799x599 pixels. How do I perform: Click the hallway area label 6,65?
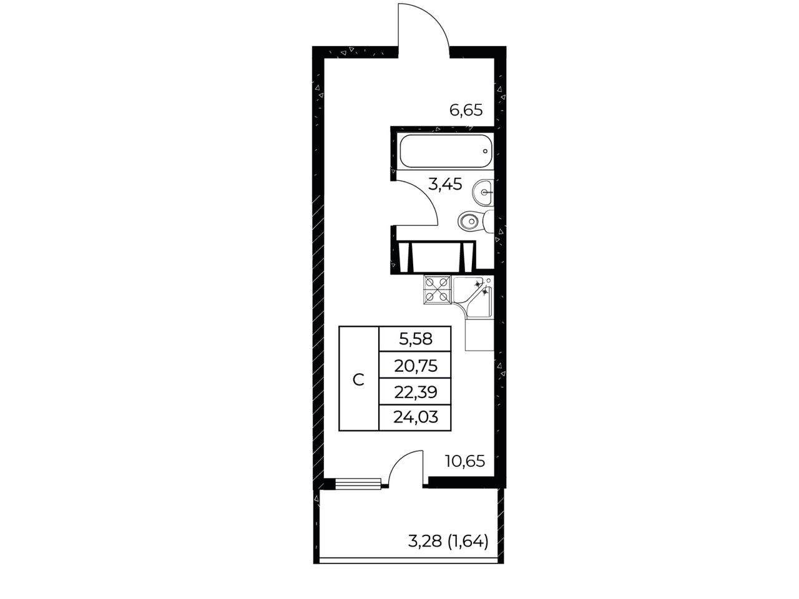tap(466, 110)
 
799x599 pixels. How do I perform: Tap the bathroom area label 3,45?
tap(445, 185)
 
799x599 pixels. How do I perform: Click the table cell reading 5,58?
tap(415, 339)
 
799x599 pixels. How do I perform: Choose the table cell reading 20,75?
tap(415, 366)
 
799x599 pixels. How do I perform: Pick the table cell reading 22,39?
tap(415, 392)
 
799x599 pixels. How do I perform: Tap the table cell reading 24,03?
tap(415, 417)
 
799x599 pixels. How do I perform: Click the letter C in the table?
tap(358, 380)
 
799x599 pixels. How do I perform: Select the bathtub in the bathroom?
tap(446, 152)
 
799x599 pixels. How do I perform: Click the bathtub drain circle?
tap(485, 151)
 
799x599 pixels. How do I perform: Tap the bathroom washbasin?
tap(483, 192)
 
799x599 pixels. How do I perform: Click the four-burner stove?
tap(438, 290)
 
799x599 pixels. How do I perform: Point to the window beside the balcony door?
tap(358, 484)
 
